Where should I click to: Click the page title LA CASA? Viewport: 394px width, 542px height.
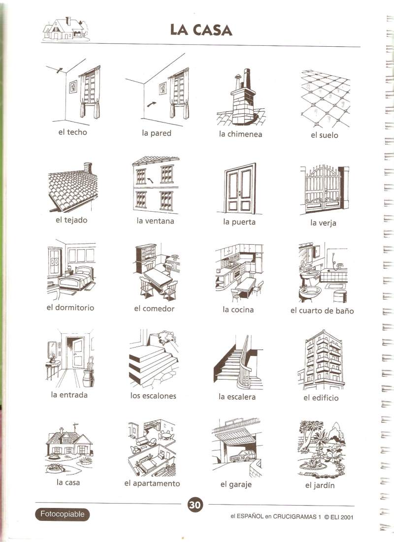[x=201, y=30]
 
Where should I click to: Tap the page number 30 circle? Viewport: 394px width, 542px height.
[x=195, y=505]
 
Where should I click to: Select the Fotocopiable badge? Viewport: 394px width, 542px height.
[x=62, y=514]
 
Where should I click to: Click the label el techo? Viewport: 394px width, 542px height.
[x=72, y=132]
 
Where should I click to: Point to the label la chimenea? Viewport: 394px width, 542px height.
[x=240, y=134]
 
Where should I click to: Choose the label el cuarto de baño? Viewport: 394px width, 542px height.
[x=322, y=311]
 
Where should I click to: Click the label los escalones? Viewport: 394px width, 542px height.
[x=153, y=396]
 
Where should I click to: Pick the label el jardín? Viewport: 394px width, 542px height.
[x=320, y=485]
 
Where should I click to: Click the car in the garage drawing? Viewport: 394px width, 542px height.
[x=243, y=456]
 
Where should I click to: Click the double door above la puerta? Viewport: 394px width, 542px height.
[x=240, y=189]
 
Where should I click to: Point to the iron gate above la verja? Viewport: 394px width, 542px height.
[x=323, y=189]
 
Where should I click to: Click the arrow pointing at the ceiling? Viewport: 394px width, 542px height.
[x=60, y=70]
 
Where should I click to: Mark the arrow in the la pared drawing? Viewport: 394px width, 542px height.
[x=151, y=104]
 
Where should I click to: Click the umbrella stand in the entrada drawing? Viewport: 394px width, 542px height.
[x=89, y=375]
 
